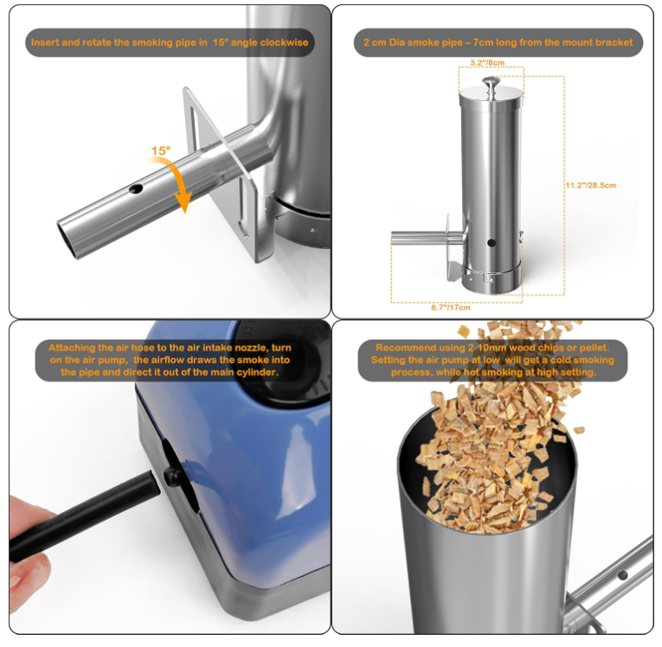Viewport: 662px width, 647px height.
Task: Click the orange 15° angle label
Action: click(x=161, y=151)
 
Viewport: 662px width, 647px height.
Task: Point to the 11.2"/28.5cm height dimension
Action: click(x=590, y=185)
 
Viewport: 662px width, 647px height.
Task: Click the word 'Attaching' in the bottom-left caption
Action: click(x=75, y=348)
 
